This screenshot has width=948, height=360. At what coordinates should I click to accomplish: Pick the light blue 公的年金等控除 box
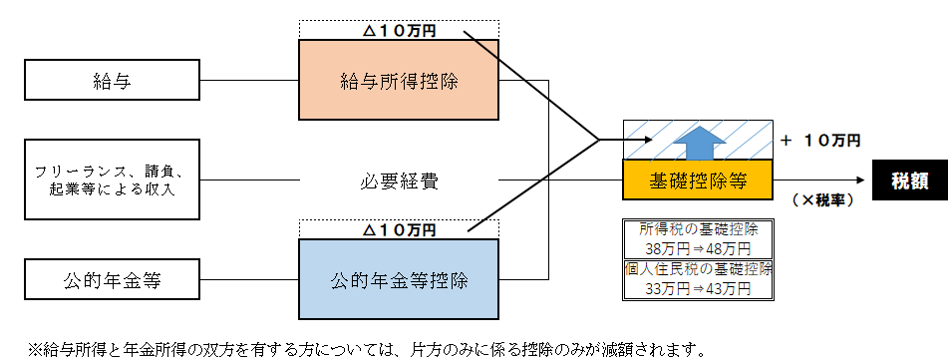coord(399,277)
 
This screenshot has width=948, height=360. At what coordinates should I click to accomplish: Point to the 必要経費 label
coord(399,181)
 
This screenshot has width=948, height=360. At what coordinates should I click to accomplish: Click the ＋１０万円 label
coord(820,141)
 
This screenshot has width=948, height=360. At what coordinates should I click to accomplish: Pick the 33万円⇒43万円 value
coord(694,290)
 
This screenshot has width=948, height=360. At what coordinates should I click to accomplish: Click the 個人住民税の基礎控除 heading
coord(694,270)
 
